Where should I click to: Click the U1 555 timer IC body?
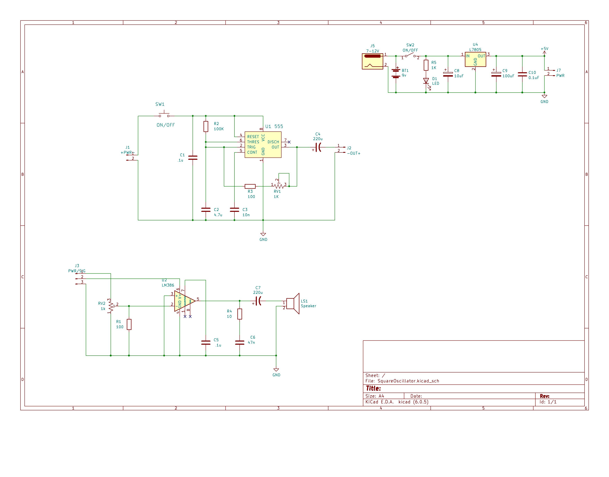tap(263, 145)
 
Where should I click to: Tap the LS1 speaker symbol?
tap(293, 304)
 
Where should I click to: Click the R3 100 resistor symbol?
tap(250, 186)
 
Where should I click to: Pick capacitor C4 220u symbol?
tap(318, 147)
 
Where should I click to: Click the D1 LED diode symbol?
tap(426, 81)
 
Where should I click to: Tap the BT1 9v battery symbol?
tap(396, 73)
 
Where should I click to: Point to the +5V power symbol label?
tap(544, 49)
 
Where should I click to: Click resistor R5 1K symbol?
tap(426, 65)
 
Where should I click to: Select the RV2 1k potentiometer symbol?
tap(111, 306)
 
